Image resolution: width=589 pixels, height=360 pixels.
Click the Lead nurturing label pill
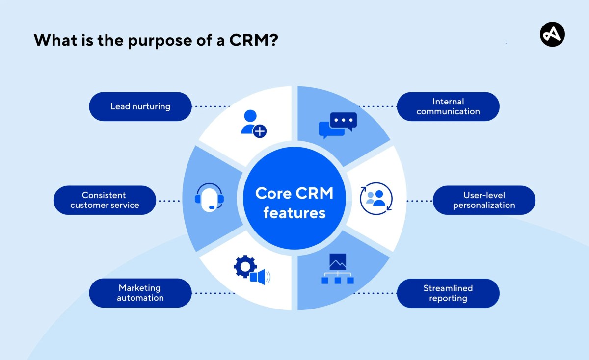(140, 106)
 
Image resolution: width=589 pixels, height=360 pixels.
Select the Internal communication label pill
(448, 106)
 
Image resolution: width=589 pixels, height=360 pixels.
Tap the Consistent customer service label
(105, 200)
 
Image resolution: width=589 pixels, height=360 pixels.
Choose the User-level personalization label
(483, 200)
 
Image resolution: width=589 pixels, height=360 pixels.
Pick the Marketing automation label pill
(140, 293)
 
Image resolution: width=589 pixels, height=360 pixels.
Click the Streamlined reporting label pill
(448, 293)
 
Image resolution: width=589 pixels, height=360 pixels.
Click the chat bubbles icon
(338, 125)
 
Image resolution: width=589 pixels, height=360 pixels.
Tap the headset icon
(210, 197)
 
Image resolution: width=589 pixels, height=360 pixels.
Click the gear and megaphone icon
(251, 270)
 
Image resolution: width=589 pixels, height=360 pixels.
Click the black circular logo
(552, 35)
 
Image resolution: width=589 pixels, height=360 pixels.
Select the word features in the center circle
(294, 213)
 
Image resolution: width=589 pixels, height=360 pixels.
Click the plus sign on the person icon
(260, 131)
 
